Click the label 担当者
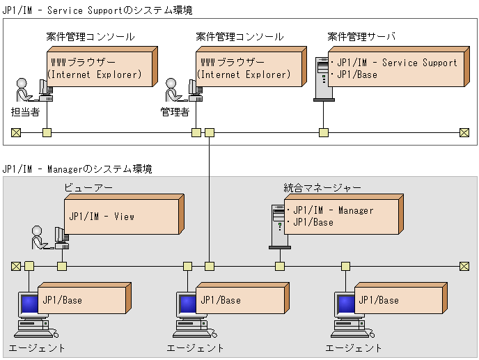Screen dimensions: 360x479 tap(26, 111)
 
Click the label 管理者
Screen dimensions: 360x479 tap(175, 111)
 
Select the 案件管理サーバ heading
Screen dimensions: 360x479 tap(361, 36)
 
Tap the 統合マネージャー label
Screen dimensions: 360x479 tap(322, 187)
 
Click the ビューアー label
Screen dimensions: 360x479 tap(88, 187)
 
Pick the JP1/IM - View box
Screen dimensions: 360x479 tap(121, 217)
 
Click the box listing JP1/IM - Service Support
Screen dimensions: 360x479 tap(394, 69)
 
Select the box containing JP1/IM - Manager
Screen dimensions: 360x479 tap(341, 217)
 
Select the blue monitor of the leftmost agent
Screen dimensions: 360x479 tap(29, 304)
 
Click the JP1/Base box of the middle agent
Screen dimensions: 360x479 tap(239, 300)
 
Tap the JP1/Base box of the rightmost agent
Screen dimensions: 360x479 tap(398, 300)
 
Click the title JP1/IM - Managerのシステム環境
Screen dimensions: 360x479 tap(77, 169)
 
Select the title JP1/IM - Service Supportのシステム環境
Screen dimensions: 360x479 tap(97, 11)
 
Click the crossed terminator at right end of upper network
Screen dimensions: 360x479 tap(464, 132)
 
